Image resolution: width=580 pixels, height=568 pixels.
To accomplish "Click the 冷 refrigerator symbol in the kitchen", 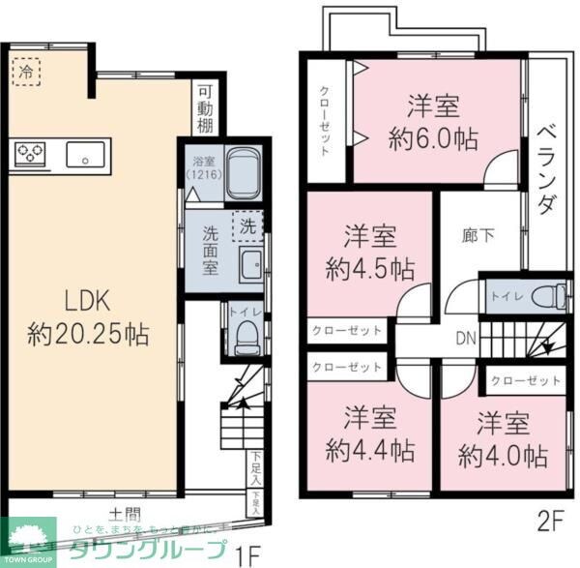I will click(x=26, y=71).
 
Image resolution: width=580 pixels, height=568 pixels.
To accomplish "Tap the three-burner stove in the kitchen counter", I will click(x=30, y=154).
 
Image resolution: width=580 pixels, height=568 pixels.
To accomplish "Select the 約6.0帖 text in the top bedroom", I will click(x=432, y=138).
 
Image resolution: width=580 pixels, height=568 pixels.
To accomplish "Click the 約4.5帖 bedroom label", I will click(x=372, y=268).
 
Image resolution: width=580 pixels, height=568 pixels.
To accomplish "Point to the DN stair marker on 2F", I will click(x=465, y=338).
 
